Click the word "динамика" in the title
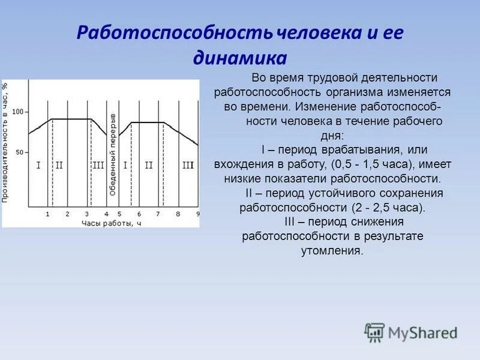239,59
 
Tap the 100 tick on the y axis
17,112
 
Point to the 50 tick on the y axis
19,152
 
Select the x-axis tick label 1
48,214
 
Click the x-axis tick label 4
106,214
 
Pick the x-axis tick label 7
158,214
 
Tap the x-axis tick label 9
197,214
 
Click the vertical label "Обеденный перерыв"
112,153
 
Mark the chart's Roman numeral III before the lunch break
98,165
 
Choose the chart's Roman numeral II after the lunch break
148,165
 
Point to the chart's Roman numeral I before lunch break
38,165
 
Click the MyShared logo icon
374,332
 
